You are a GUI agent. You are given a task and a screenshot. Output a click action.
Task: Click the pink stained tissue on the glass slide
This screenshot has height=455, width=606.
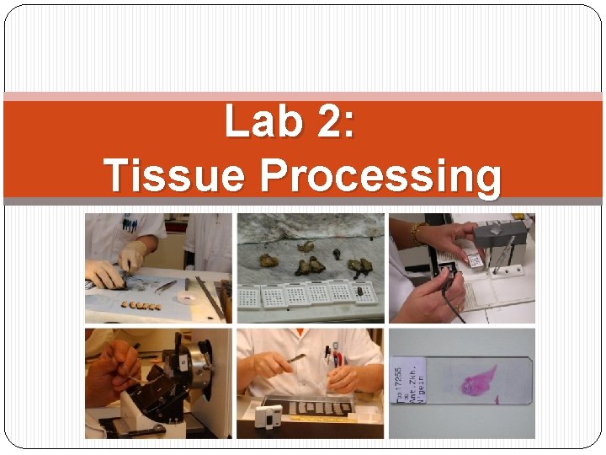pos(479,382)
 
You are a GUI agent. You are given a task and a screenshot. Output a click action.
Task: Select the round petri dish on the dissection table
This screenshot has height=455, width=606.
pos(183,297)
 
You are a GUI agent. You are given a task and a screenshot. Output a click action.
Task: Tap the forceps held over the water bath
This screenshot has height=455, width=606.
pos(290,360)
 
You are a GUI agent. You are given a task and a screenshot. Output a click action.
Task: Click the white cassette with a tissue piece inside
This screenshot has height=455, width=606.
pos(363,296)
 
